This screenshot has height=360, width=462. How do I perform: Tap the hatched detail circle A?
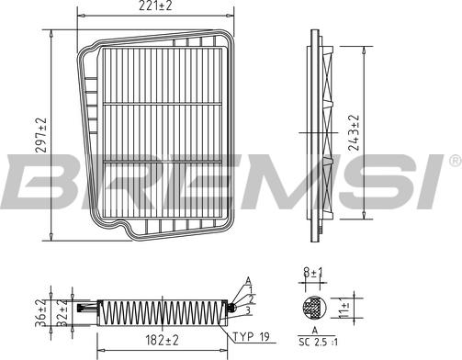311,306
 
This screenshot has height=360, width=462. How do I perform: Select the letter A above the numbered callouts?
247,279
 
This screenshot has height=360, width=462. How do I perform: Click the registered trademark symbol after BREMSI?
454,162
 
